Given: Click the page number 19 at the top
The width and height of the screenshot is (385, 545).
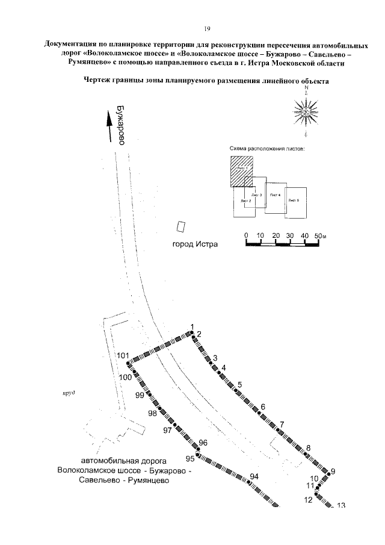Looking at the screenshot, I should tap(206, 28).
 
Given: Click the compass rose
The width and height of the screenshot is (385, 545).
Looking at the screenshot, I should tap(306, 111).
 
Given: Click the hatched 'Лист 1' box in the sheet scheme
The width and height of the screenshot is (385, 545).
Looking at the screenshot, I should tap(240, 172).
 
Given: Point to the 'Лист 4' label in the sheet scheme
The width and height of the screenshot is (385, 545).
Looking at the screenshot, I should tap(275, 195).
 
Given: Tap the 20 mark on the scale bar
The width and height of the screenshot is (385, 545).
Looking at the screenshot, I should tap(276, 235).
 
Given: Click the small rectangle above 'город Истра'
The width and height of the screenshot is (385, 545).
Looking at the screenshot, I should tap(179, 226).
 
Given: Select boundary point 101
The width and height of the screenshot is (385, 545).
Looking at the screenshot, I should tap(128, 363).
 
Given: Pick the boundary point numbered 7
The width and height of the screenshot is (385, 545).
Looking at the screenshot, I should tap(277, 429).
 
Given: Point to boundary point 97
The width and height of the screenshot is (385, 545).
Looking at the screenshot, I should tap(175, 426).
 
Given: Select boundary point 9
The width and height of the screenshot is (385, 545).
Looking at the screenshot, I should tap(328, 475).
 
